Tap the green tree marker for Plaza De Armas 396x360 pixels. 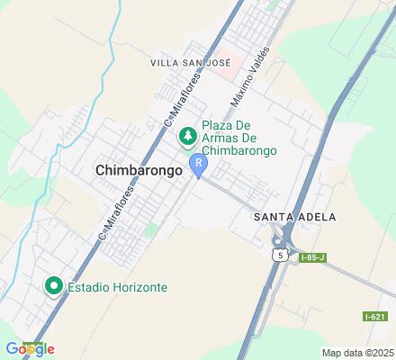click(188, 137)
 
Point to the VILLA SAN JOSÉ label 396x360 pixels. click(191, 63)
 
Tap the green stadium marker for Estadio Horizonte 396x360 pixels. click(53, 288)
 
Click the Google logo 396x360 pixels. click(29, 348)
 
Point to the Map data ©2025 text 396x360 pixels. click(357, 352)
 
